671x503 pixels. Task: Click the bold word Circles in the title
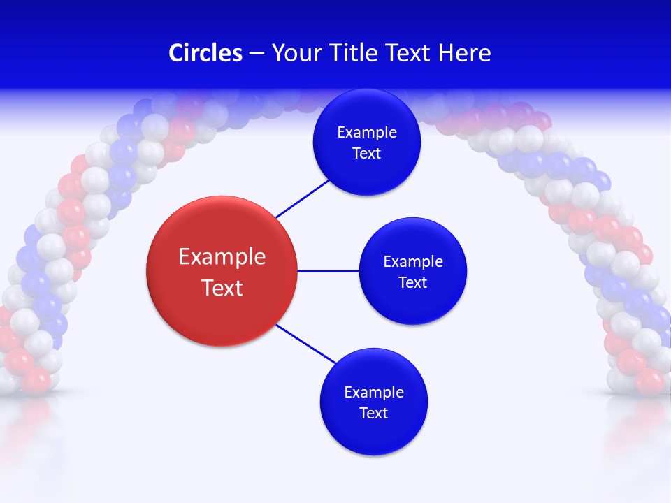coord(205,53)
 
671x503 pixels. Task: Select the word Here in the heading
coord(465,53)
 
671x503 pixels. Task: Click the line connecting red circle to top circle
coord(302,198)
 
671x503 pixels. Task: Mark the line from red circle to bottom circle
coord(306,344)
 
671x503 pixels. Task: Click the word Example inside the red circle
coord(222,256)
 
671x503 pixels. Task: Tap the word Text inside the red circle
coord(222,287)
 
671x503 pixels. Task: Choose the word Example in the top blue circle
coord(367,133)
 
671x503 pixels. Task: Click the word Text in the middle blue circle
coord(412,282)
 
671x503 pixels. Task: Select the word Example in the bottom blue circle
coord(374,393)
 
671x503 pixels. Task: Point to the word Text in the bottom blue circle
coord(374,413)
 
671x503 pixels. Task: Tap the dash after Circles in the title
coord(257,53)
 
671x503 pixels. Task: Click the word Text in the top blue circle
coord(367,153)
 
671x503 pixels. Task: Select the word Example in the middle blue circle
coord(412,262)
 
